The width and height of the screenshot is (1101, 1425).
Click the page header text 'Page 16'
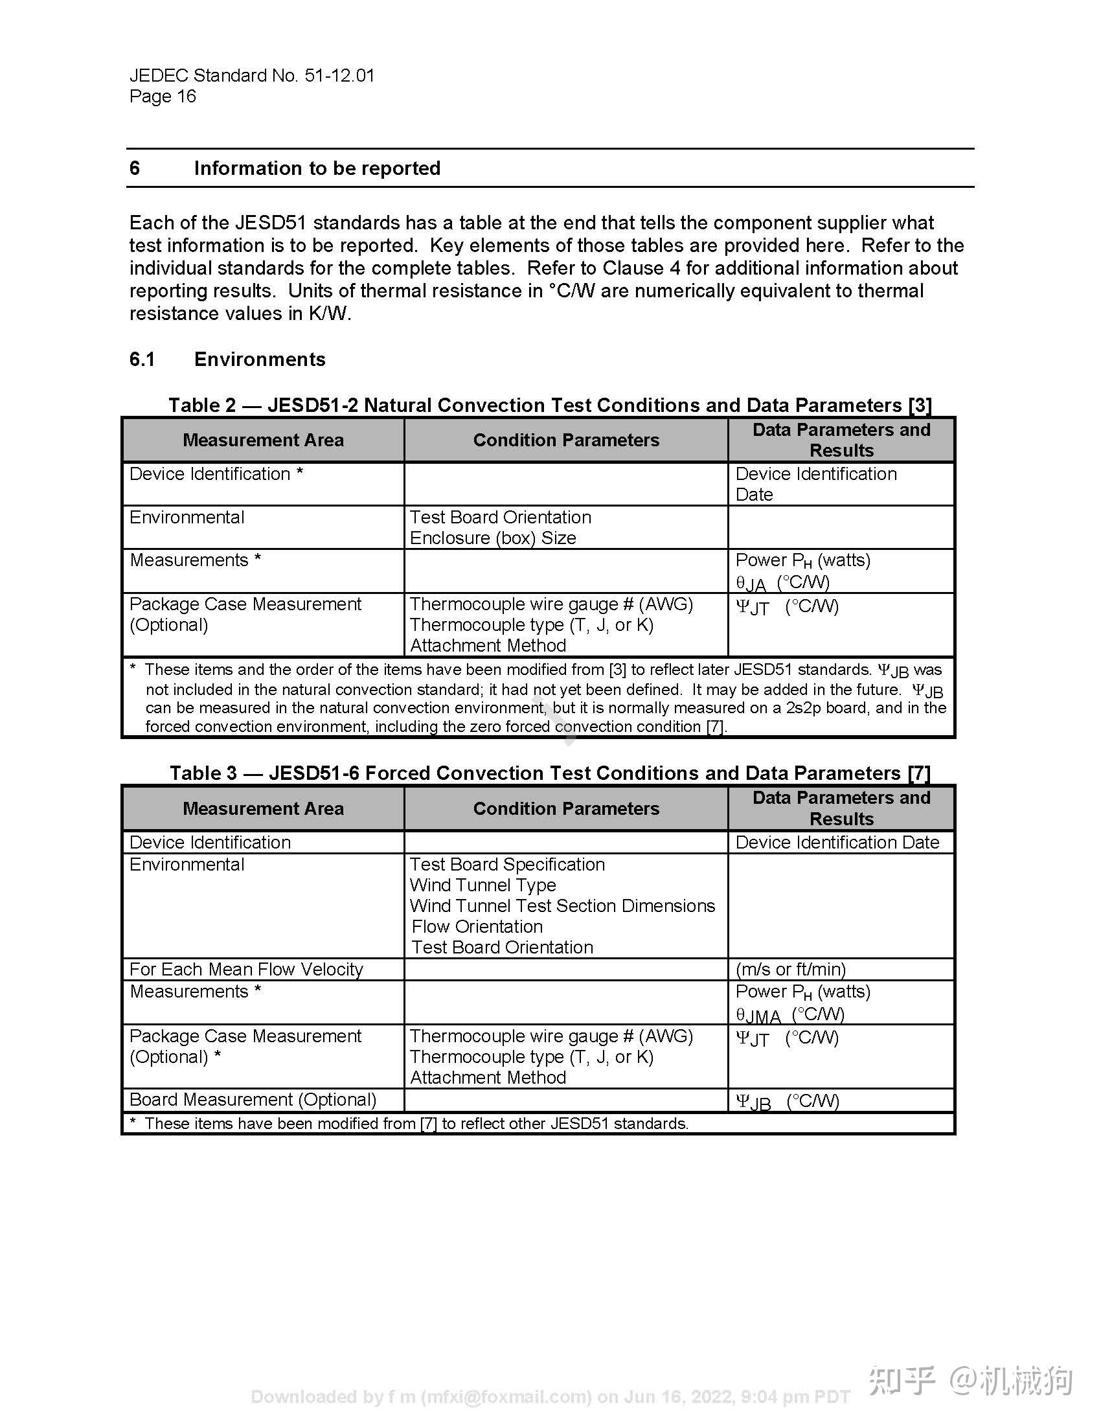coord(163,97)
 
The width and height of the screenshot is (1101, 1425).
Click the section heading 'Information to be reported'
coord(317,168)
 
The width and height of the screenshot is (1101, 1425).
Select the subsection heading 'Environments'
coord(260,359)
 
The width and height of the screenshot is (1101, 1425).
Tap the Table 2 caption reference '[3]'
coord(920,405)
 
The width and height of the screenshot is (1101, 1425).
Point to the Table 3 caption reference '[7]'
coord(918,773)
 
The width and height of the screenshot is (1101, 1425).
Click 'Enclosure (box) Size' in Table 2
coord(492,538)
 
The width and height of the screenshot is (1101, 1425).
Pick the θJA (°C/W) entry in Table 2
coord(782,583)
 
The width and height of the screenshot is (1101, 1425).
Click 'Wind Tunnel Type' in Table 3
coord(482,885)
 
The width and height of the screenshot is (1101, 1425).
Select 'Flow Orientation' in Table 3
coord(477,926)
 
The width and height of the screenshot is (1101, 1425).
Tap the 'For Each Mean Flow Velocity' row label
coord(246,970)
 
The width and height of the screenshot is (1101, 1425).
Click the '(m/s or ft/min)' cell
coord(791,970)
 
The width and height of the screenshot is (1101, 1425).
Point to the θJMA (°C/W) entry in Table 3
coord(790,1015)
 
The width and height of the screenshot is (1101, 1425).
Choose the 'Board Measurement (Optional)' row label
coord(253,1100)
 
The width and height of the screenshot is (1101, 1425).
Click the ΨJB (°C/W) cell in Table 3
coord(788,1101)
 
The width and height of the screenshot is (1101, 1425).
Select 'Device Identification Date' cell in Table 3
coord(837,842)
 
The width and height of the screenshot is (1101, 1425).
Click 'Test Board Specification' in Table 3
coord(507,865)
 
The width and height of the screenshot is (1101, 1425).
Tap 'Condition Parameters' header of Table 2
coord(565,440)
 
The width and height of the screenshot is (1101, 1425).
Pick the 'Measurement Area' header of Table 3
coord(263,809)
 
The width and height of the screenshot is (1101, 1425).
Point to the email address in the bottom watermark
coord(506,1397)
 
